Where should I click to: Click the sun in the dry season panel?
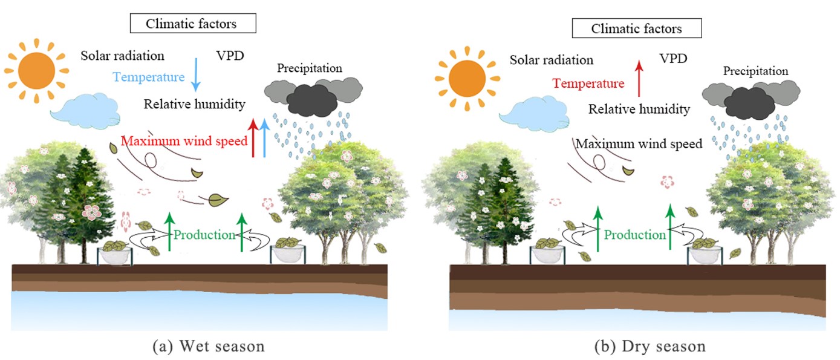point(467,77)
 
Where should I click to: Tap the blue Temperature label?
point(148,77)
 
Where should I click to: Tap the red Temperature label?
point(588,83)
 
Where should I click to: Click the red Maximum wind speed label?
point(184,142)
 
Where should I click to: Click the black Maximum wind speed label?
point(639,145)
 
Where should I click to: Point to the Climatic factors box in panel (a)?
point(192,24)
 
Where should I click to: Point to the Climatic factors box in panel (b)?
point(636,28)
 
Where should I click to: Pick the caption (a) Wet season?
point(209,347)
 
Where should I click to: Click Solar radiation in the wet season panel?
point(123,56)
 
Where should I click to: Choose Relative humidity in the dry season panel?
point(639,110)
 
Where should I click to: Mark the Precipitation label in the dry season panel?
point(755,71)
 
